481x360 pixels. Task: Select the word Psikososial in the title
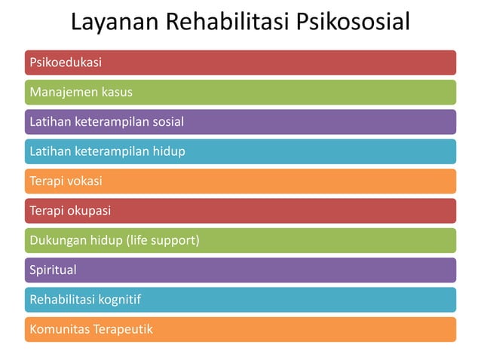pos(354,23)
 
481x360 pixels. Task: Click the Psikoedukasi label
pos(66,63)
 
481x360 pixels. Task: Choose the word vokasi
pos(85,181)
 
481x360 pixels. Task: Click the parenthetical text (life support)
pos(163,240)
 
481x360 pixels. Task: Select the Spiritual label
pos(53,270)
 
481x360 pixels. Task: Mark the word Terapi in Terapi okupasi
pos(46,211)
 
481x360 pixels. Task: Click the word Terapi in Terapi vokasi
pos(46,181)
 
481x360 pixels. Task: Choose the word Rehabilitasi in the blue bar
pos(63,300)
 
